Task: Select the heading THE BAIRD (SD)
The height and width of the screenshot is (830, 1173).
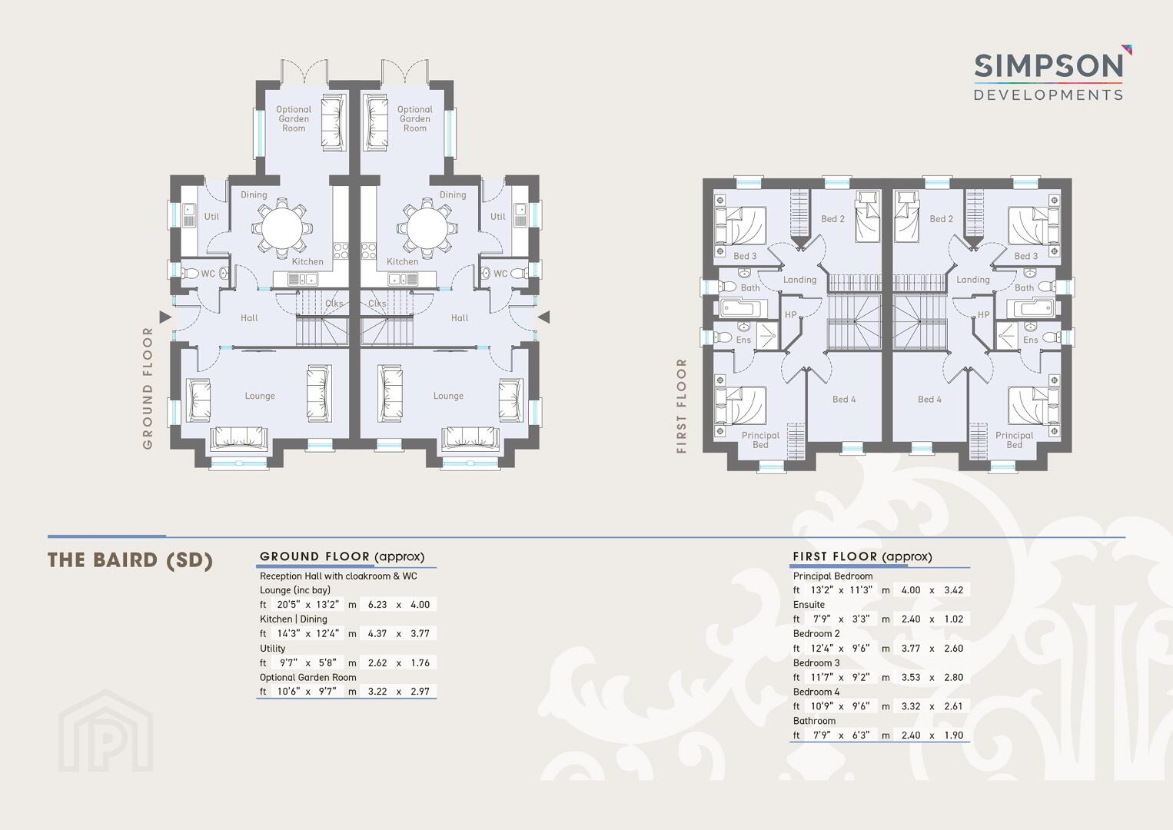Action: point(131,560)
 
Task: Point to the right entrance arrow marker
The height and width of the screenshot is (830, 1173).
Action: point(543,317)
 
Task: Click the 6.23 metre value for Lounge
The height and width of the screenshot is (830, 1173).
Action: point(377,604)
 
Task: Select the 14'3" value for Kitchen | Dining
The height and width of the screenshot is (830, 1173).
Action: point(288,633)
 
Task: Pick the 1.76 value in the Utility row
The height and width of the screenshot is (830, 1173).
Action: point(420,662)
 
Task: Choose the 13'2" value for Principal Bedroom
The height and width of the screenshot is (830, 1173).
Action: point(822,589)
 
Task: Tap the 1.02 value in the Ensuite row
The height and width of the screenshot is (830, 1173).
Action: point(954,619)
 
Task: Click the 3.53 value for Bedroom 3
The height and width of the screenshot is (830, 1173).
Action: point(911,677)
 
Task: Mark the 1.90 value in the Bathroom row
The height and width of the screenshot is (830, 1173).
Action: point(954,735)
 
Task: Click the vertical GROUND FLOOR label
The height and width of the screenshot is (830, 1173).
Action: point(148,388)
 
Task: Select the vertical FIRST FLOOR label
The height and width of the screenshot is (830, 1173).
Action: point(681,406)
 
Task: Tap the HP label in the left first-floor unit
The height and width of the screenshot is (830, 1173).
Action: point(791,315)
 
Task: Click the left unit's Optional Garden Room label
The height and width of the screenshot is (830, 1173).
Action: point(294,118)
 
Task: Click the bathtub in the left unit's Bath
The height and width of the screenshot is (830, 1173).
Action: point(743,308)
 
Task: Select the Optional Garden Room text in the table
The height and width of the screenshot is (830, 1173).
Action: point(308,677)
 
